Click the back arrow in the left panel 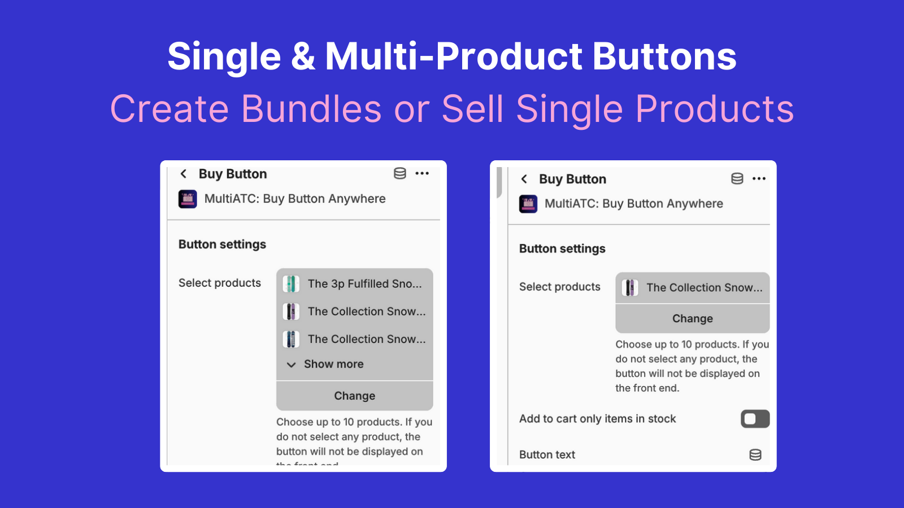click(183, 174)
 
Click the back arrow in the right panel click(524, 179)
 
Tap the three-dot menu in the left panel click(422, 173)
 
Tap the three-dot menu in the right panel click(759, 178)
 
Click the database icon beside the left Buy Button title click(400, 173)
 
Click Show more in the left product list click(333, 364)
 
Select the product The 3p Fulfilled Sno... click(364, 284)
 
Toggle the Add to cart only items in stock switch click(755, 419)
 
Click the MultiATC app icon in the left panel click(188, 199)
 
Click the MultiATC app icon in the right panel click(528, 204)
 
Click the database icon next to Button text click(755, 455)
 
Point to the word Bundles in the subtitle click(311, 109)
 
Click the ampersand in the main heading click(303, 56)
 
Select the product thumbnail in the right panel click(630, 288)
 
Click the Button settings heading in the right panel click(562, 249)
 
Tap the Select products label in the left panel click(220, 283)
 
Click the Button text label click(547, 455)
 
